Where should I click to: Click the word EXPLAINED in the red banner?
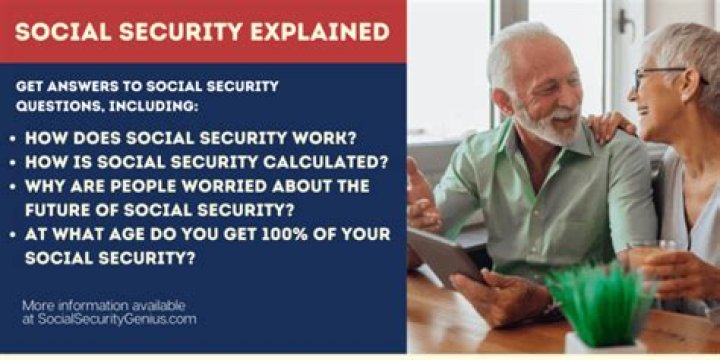coord(320,30)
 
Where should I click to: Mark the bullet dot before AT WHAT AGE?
coord(13,235)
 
